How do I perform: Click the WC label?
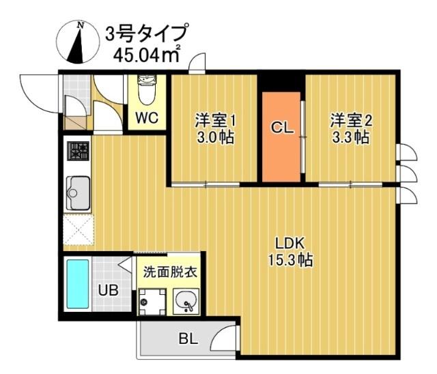pyautogui.click(x=147, y=118)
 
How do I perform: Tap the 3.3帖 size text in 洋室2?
pyautogui.click(x=351, y=137)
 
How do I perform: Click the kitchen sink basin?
pyautogui.click(x=79, y=190)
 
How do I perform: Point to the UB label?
pyautogui.click(x=108, y=290)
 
